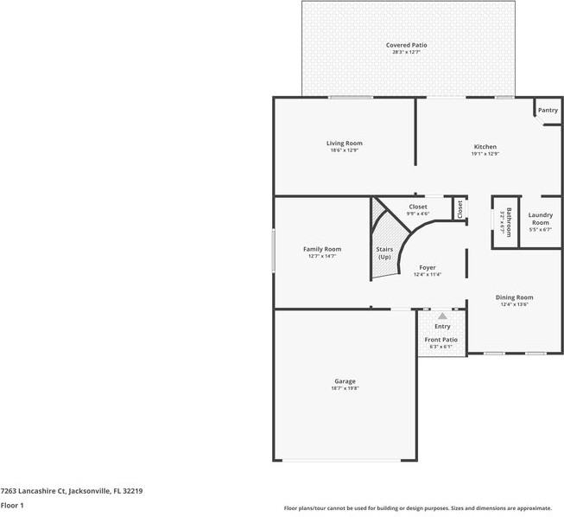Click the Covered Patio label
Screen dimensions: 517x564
[406, 45]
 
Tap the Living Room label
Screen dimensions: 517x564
[344, 144]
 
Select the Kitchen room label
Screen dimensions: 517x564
[485, 147]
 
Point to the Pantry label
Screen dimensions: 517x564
[548, 111]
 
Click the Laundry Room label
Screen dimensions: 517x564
[540, 219]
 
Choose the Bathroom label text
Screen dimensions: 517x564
[509, 221]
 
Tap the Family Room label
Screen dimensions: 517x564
[322, 249]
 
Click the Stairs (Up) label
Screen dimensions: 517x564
[384, 253]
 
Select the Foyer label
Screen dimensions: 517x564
[428, 268]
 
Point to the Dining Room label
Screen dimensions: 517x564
[514, 297]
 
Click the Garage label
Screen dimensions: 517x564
[345, 381]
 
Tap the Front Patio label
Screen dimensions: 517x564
[442, 340]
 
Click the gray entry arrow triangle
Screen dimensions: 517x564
[442, 316]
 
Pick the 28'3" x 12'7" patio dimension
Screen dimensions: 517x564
[406, 53]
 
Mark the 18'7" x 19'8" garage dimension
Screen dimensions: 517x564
[345, 389]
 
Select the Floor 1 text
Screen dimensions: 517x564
[12, 505]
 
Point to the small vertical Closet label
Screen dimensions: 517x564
[459, 208]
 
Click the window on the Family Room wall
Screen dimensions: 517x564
[274, 252]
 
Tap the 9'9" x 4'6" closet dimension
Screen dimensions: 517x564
[418, 214]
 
